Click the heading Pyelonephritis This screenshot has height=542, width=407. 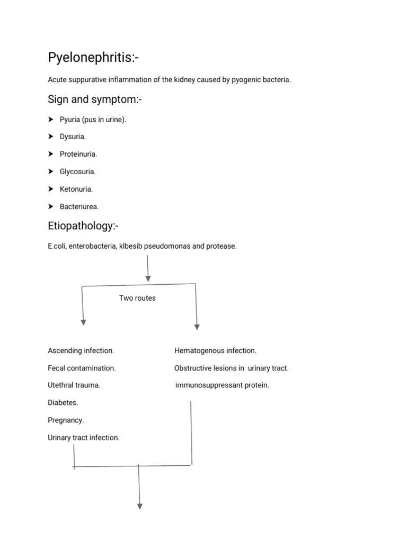93,57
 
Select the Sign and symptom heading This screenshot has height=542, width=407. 95,100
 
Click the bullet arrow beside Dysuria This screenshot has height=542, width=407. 51,137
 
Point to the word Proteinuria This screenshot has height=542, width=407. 78,154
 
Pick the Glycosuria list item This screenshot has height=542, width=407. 77,172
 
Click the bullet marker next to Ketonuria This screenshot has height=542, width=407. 51,189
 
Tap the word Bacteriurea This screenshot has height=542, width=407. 79,207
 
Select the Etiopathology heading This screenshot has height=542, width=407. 83,226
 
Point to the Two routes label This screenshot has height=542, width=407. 137,298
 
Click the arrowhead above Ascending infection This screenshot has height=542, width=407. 83,322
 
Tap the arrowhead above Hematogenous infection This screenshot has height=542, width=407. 197,327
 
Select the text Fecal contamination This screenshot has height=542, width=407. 82,368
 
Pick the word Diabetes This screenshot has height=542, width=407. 63,403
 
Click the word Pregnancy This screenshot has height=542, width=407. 66,420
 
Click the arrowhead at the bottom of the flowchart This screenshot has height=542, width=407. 140,507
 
